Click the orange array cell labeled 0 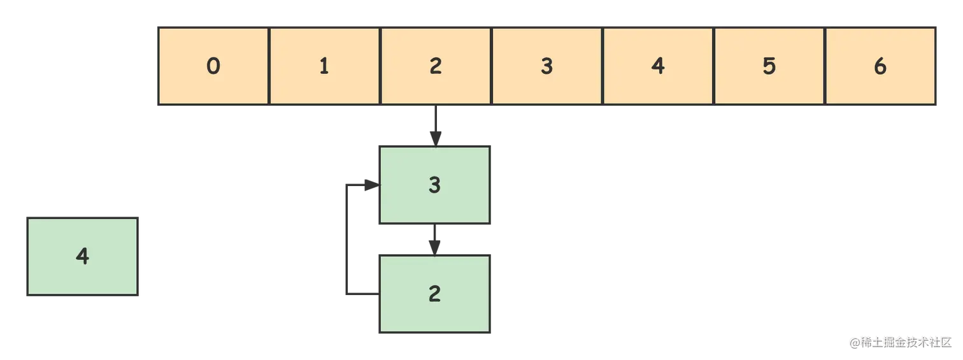(213, 66)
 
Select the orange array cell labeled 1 (324, 66)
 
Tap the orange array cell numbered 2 (436, 66)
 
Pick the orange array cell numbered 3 (546, 66)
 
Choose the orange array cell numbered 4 (658, 66)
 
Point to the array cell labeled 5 (769, 66)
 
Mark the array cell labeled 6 (880, 66)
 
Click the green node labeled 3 (436, 185)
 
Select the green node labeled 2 (436, 294)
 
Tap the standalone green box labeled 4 (82, 257)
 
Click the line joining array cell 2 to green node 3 (436, 121)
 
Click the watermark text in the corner (900, 341)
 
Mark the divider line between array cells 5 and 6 (825, 66)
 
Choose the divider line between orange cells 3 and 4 (603, 66)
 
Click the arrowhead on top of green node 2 (436, 246)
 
